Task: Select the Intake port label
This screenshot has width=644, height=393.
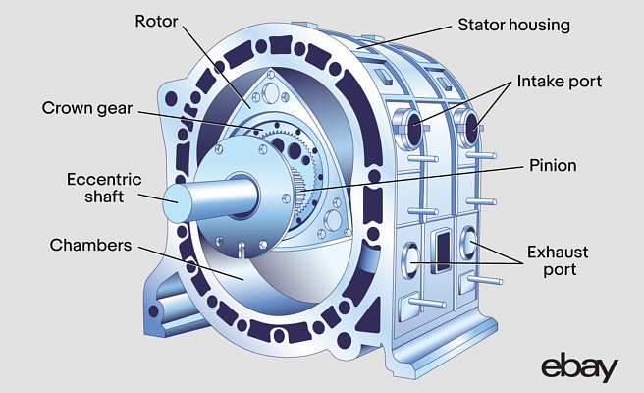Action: click(x=559, y=81)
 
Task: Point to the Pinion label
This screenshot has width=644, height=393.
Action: click(x=553, y=166)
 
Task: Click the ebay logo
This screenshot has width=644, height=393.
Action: click(x=579, y=367)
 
